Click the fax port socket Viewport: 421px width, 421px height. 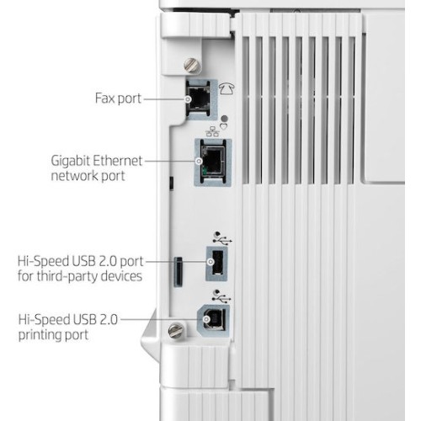tap(198, 99)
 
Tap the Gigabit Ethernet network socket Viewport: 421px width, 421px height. tap(213, 162)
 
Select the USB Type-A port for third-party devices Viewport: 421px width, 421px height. tap(217, 262)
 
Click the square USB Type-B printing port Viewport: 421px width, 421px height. tap(214, 320)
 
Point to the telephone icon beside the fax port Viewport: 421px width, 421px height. tap(226, 88)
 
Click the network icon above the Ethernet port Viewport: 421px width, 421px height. tap(212, 131)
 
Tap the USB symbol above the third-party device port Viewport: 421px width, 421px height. tap(222, 237)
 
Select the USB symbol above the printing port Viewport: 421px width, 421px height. tap(221, 296)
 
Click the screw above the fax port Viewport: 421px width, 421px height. tap(193, 66)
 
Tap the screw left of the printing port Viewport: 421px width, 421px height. tap(177, 330)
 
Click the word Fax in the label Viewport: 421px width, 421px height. tap(105, 99)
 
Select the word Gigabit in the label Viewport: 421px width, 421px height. tap(70, 162)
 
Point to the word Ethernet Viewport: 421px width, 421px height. tap(117, 161)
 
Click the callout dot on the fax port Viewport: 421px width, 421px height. tap(188, 99)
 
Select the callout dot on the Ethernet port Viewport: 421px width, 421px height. tap(199, 161)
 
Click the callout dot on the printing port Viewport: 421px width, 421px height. tap(206, 319)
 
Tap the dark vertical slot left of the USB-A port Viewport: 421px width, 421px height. tap(178, 271)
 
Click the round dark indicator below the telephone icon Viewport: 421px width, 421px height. tap(225, 118)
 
